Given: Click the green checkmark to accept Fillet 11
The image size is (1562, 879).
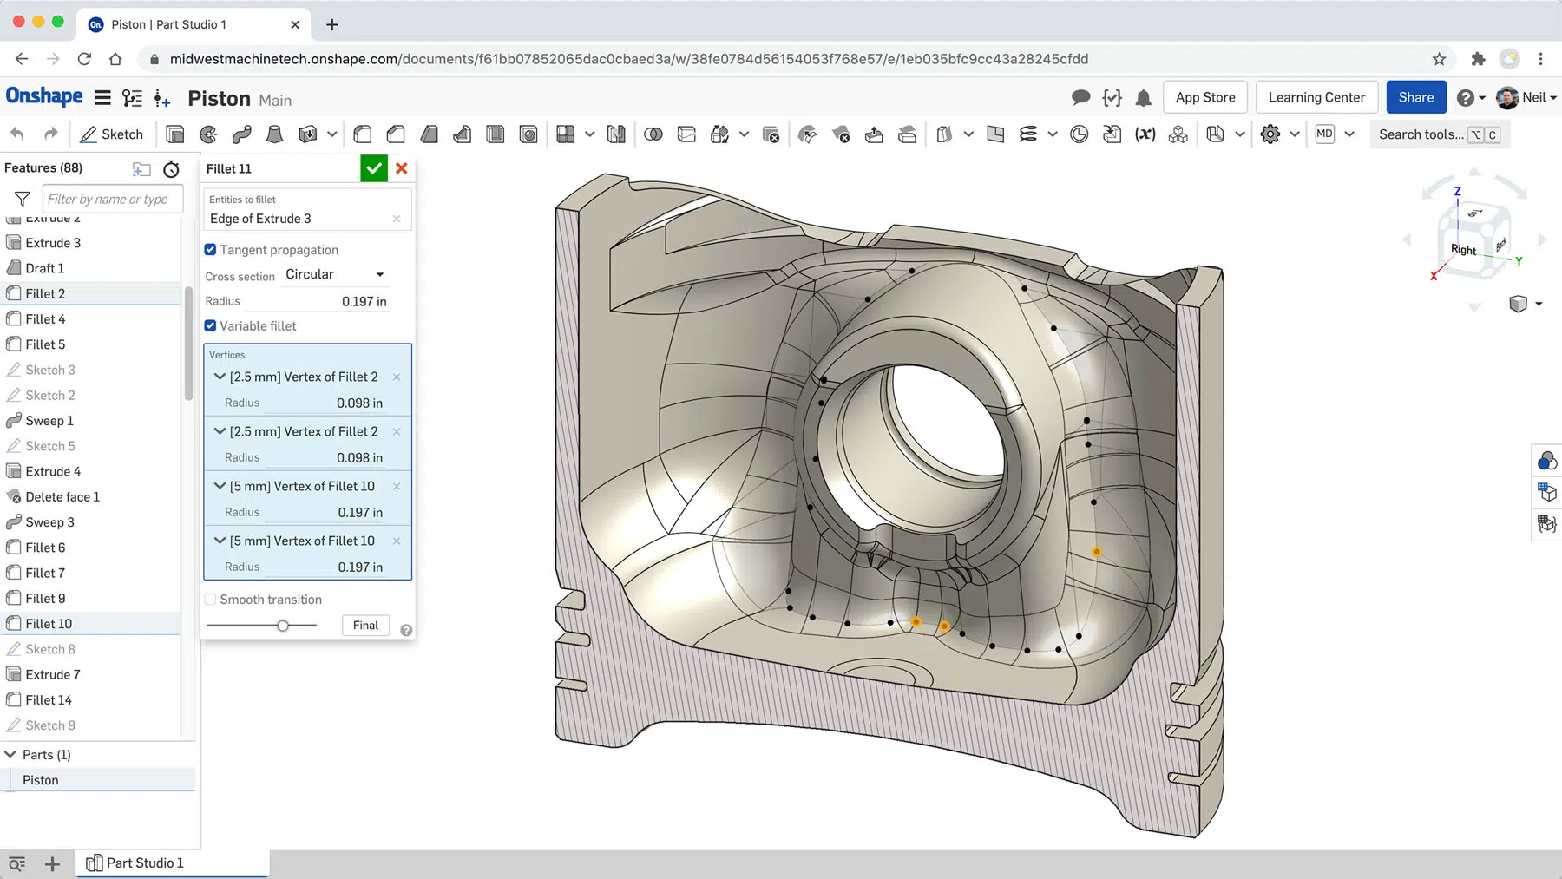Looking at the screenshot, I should tap(373, 168).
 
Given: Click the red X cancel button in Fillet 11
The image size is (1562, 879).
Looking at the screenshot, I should tap(402, 168).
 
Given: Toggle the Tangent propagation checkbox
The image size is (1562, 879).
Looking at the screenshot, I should tap(211, 250).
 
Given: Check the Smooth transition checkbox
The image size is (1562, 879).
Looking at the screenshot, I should tap(211, 600).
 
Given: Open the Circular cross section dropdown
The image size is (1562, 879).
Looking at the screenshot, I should tap(335, 274).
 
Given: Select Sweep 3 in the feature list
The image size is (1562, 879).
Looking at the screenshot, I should tap(49, 522).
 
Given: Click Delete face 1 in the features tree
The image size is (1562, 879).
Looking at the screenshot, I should tap(62, 497).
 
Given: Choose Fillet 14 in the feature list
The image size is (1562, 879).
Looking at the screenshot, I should tap(49, 700).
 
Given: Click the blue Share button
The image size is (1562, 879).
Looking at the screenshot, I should tap(1415, 97).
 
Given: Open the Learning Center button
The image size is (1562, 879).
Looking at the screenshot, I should tap(1316, 97).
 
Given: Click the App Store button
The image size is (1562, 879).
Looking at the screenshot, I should tap(1204, 97).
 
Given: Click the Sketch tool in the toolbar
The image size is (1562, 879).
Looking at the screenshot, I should tap(112, 134).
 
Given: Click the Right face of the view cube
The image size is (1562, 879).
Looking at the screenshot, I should tap(1463, 250).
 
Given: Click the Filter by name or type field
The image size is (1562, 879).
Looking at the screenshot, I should tap(113, 199).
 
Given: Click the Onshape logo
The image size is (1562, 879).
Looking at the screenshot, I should tap(44, 96).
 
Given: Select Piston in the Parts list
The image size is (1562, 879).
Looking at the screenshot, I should tap(41, 780).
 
